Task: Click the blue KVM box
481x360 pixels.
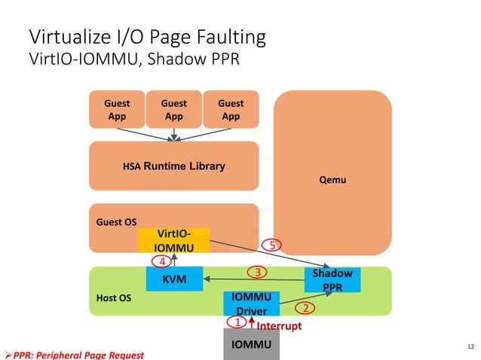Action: coord(174,280)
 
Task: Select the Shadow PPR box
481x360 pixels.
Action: coord(332,280)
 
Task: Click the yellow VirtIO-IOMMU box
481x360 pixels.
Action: coord(173,241)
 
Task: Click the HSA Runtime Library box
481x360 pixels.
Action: coord(173,166)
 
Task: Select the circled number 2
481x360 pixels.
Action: coord(305,308)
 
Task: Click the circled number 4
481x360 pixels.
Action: coord(161,261)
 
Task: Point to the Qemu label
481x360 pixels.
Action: coord(332,180)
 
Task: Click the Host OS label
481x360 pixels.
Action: coord(114,298)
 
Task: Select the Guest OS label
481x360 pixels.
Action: coord(116,222)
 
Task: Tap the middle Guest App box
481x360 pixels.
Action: coord(174,110)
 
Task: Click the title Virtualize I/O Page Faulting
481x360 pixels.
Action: coord(146,37)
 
